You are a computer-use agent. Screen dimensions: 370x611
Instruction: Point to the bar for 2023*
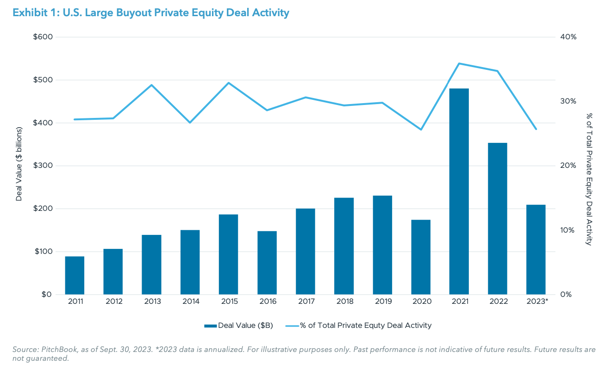pyautogui.click(x=536, y=250)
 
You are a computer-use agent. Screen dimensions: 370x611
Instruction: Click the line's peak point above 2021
pyautogui.click(x=459, y=63)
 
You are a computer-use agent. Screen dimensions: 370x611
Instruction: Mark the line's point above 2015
pyautogui.click(x=229, y=83)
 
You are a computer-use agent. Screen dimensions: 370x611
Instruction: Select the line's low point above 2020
pyautogui.click(x=421, y=129)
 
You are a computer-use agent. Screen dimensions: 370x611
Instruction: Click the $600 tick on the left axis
pyautogui.click(x=43, y=37)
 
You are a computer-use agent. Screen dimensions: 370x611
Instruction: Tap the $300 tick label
pyautogui.click(x=43, y=166)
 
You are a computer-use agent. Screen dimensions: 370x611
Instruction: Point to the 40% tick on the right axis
pyautogui.click(x=567, y=37)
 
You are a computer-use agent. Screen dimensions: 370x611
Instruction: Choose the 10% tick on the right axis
pyautogui.click(x=567, y=230)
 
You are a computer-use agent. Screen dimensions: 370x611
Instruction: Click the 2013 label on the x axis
pyautogui.click(x=152, y=302)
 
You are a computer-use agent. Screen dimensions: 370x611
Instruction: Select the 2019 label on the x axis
pyautogui.click(x=382, y=302)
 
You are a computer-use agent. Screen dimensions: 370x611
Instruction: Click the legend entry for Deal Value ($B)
pyautogui.click(x=239, y=326)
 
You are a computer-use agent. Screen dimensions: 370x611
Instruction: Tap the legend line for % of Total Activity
pyautogui.click(x=292, y=326)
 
